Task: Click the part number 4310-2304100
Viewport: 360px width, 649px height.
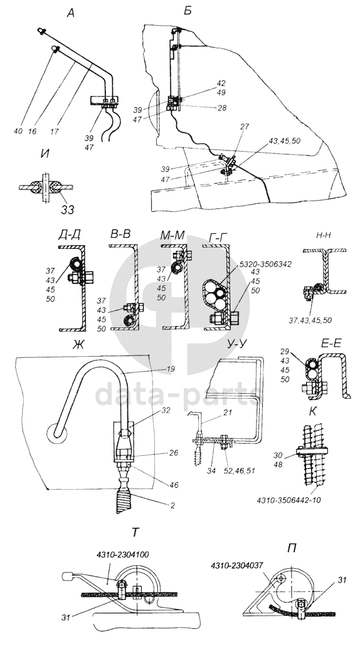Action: (123, 554)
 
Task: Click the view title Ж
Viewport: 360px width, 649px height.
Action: (78, 344)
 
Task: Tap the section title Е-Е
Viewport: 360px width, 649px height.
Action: (331, 344)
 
